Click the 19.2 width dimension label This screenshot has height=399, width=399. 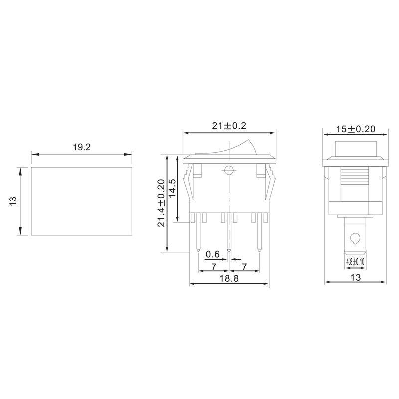(82, 147)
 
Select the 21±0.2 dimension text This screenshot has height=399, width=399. (229, 126)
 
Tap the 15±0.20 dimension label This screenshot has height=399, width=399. (356, 129)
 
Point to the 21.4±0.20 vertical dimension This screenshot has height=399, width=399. (161, 203)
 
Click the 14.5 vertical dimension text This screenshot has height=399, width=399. (172, 188)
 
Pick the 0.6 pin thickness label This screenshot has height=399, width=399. (213, 254)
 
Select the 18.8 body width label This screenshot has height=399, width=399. (229, 278)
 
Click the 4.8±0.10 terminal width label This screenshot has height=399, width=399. (355, 261)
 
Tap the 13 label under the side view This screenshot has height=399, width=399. (356, 277)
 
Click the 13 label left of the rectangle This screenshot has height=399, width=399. (13, 201)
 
